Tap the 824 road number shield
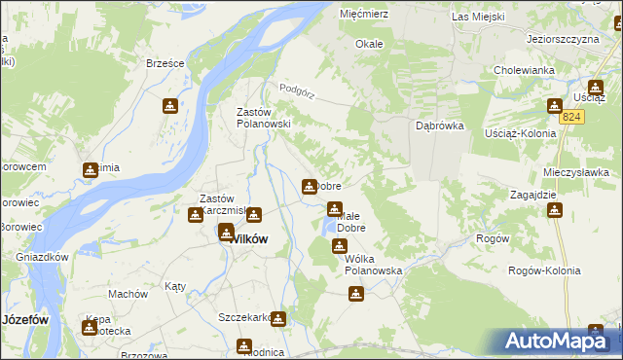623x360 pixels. tap(573, 117)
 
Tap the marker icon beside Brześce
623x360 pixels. tap(170, 105)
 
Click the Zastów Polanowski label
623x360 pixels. tap(264, 118)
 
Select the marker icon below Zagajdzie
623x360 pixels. tap(554, 210)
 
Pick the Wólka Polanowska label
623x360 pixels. tap(374, 266)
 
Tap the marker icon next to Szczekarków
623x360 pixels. tap(279, 318)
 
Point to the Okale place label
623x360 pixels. tap(369, 44)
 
